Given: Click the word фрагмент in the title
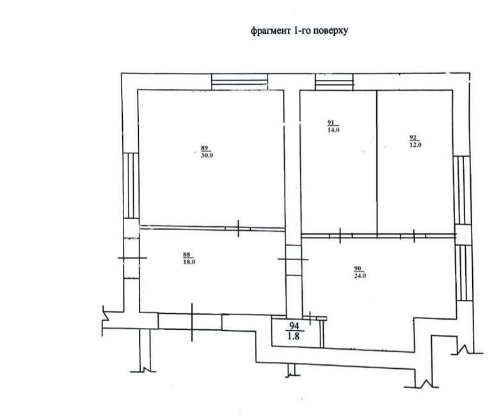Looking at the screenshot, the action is (271, 31).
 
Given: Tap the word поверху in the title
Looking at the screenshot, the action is (331, 31).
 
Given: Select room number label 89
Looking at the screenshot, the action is (205, 148).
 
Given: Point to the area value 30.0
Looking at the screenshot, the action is (207, 156).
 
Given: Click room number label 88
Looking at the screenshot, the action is (187, 254).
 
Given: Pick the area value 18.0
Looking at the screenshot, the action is (189, 262).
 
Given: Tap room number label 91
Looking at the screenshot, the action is (331, 123).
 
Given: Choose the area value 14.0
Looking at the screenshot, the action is (333, 130).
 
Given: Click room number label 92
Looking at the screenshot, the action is (413, 137).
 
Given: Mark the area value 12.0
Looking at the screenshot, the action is (415, 144).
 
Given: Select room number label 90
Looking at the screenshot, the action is (358, 268).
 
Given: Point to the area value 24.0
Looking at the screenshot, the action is (360, 276).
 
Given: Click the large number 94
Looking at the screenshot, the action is (294, 326).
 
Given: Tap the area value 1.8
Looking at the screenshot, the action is (294, 336).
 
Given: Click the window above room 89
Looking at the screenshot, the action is (240, 82).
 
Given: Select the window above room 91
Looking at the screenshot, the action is (335, 82).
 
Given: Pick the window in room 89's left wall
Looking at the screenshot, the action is (131, 185).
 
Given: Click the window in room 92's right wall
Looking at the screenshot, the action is (461, 191).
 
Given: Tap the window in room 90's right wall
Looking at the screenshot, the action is (465, 273).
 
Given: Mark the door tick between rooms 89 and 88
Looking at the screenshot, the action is (239, 228).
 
